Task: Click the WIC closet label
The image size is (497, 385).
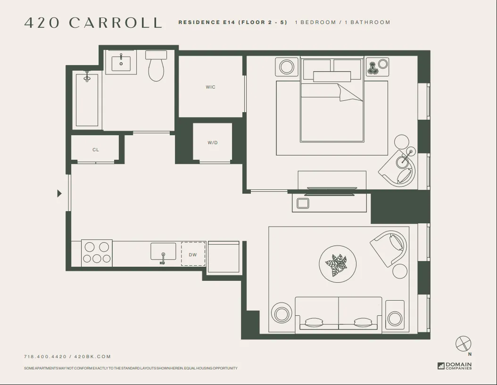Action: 210,87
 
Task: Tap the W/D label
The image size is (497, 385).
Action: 213,143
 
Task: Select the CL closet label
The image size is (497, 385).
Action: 96,150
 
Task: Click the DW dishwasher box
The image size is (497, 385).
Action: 193,254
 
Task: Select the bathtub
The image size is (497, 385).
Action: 87,100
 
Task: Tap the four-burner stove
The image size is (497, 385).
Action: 97,253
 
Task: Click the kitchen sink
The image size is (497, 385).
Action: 163,252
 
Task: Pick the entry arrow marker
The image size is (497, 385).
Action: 59,193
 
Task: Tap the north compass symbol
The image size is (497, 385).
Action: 464,344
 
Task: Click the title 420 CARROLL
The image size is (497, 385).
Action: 93,23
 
